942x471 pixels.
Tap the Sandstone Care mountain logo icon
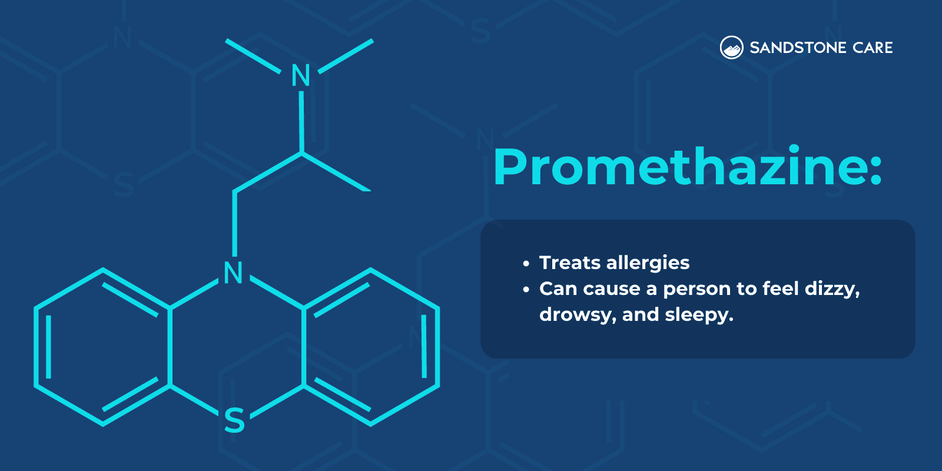pyautogui.click(x=731, y=48)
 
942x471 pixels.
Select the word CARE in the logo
pyautogui.click(x=873, y=48)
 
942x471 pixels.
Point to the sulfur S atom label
pyautogui.click(x=234, y=420)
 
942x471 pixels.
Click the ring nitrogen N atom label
pyautogui.click(x=234, y=273)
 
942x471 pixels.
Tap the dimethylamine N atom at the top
pyautogui.click(x=301, y=75)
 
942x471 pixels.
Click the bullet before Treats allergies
pyautogui.click(x=526, y=264)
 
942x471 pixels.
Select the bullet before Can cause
pyautogui.click(x=526, y=290)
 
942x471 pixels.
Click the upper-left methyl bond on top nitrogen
pyautogui.click(x=253, y=57)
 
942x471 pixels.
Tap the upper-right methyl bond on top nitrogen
pyautogui.click(x=346, y=57)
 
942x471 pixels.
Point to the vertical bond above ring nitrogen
pyautogui.click(x=235, y=224)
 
